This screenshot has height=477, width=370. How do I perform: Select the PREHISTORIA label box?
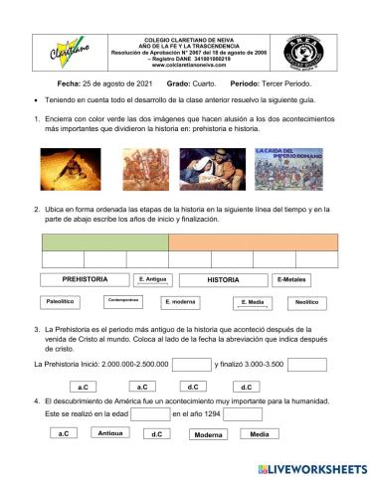(x=85, y=280)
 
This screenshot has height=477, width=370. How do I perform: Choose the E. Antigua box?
(x=153, y=280)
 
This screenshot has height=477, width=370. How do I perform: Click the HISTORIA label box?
(x=223, y=280)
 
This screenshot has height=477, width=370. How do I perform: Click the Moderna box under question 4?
(x=208, y=434)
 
